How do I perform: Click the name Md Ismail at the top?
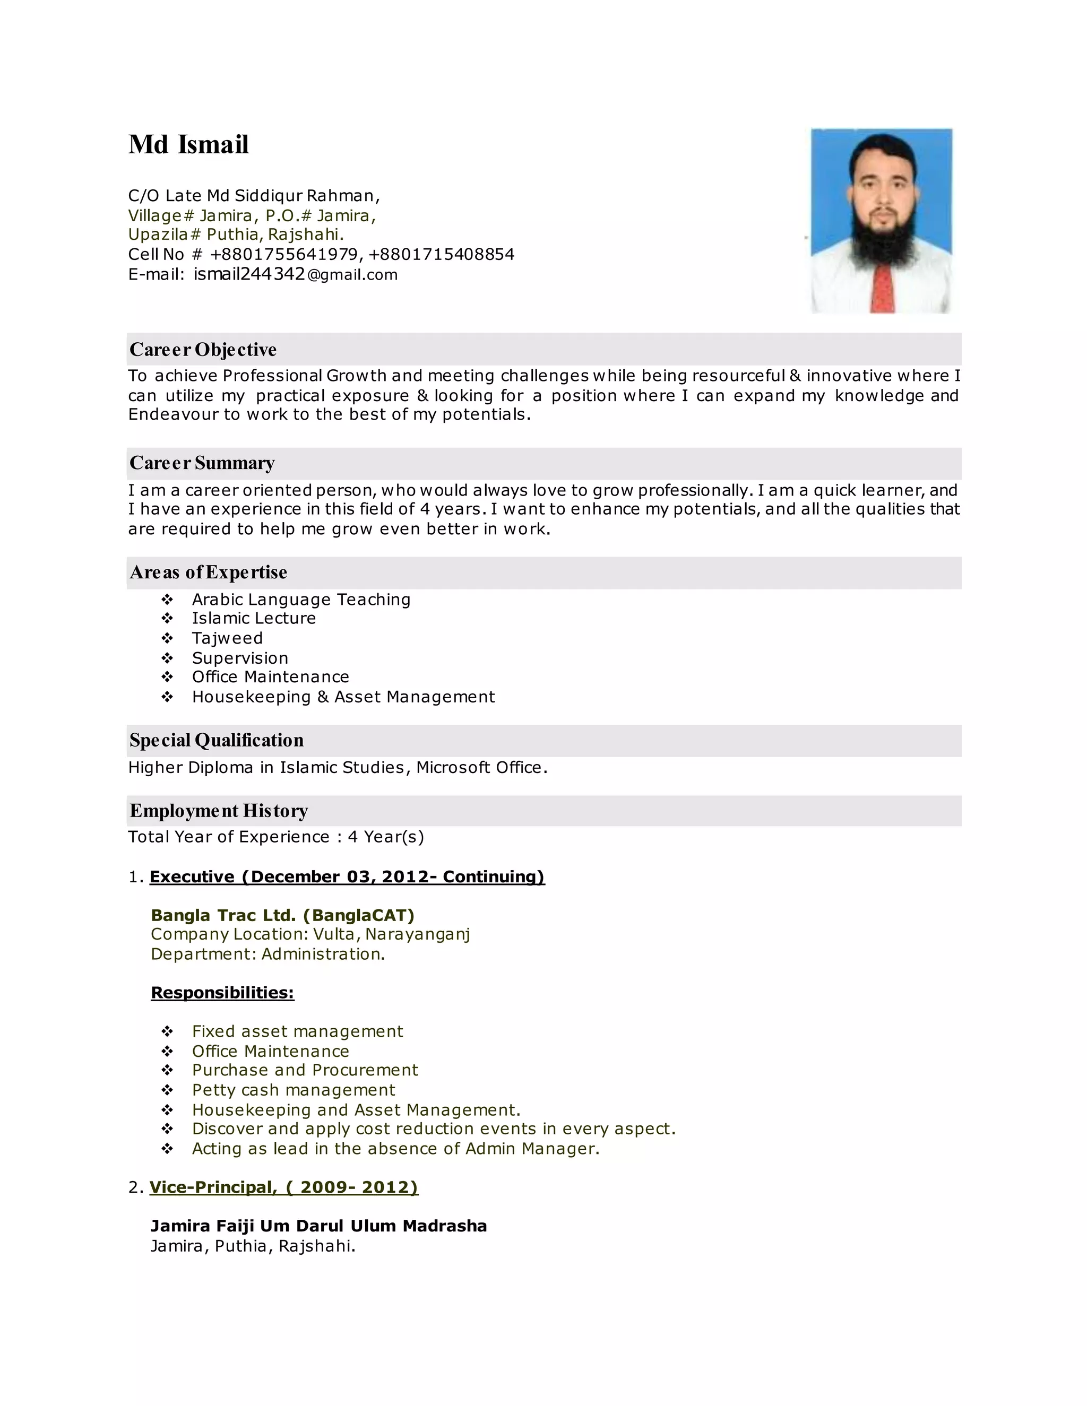pos(188,144)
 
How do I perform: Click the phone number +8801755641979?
pos(284,254)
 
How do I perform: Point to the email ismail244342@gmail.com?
pos(296,275)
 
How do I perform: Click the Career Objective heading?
pos(203,350)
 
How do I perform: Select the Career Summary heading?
pos(202,463)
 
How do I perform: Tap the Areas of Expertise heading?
pos(208,572)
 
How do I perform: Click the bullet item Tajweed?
pos(227,638)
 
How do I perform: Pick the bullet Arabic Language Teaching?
pos(301,600)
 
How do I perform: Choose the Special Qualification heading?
pos(217,740)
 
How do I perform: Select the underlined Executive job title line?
pos(347,877)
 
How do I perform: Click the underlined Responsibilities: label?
pos(222,992)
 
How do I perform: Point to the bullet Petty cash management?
pos(293,1090)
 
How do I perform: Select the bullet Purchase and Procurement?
pos(305,1070)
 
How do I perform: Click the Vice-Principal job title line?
pos(283,1187)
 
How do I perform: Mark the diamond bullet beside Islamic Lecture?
pos(167,619)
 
